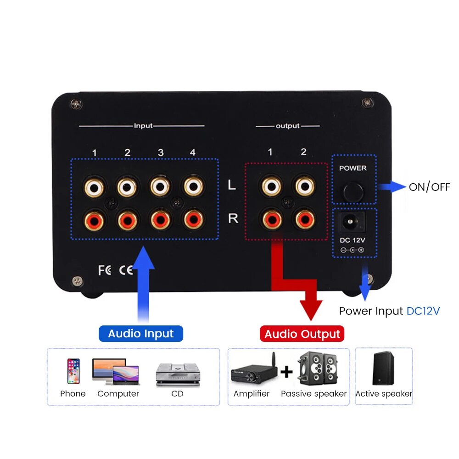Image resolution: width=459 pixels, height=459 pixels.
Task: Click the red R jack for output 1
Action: [271, 219]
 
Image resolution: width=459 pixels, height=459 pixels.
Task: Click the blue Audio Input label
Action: [141, 334]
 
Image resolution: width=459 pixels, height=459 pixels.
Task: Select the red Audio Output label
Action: [302, 334]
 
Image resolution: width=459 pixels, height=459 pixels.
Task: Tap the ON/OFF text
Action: [429, 187]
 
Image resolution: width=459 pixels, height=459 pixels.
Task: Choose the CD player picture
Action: [178, 373]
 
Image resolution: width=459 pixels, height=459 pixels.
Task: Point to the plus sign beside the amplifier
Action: [286, 371]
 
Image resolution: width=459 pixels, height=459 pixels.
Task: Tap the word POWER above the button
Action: [353, 168]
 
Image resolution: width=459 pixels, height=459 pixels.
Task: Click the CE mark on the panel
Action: [126, 270]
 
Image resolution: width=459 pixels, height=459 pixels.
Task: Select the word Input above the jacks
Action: [143, 125]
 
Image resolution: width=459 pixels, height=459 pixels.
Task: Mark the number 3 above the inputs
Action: [161, 152]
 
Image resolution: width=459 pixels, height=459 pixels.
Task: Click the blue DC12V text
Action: [423, 311]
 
